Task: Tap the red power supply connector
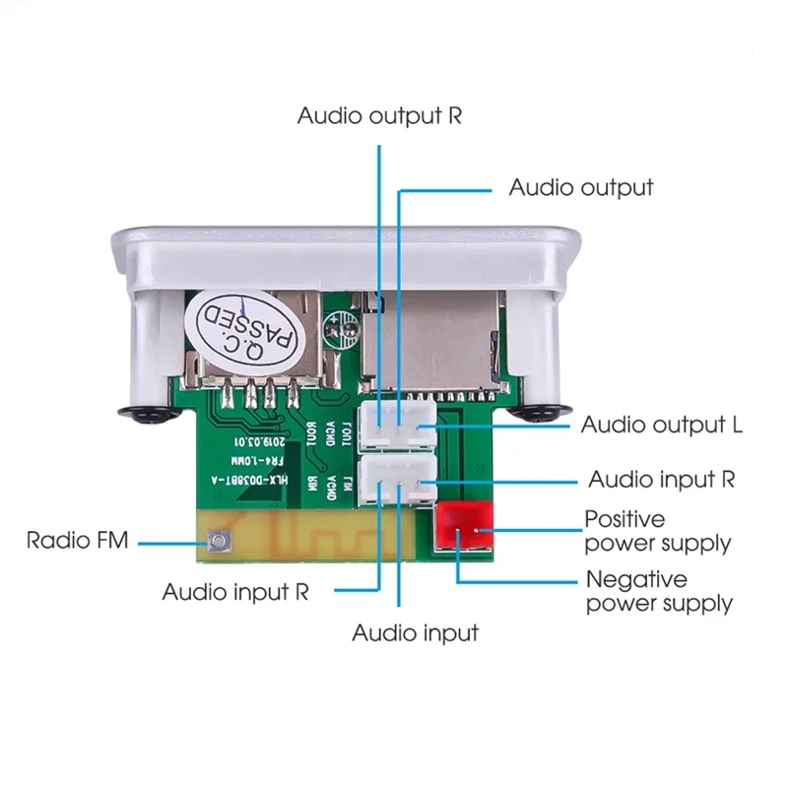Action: [x=461, y=524]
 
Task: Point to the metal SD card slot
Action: [x=429, y=340]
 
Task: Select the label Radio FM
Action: [x=77, y=540]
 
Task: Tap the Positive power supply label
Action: [x=657, y=531]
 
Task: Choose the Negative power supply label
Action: [x=658, y=591]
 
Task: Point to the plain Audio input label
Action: [x=415, y=632]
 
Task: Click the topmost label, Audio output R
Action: [x=379, y=116]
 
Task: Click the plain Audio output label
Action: [x=580, y=187]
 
